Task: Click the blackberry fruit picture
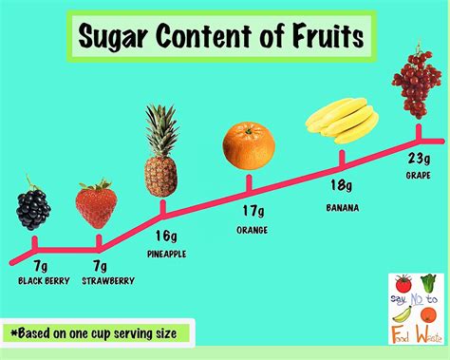[34, 208]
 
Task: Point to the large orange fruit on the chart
[250, 145]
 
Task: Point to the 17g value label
[253, 212]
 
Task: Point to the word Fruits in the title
[324, 39]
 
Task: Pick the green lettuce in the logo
[429, 284]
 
